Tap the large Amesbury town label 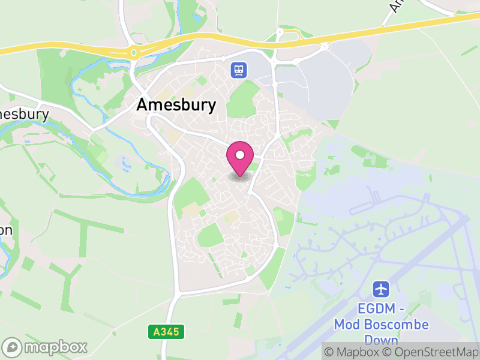pos(176,105)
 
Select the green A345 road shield pos(166,332)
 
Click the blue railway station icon pos(238,70)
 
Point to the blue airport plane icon pos(381,289)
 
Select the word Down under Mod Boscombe pos(382,340)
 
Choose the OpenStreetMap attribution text pos(430,352)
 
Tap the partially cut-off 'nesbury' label pos(24,114)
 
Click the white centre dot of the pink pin pos(240,155)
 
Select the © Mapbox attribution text pos(352,352)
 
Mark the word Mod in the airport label pos(346,325)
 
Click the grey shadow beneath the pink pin pos(240,176)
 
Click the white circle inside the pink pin pos(240,155)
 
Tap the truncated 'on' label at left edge pos(5,230)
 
